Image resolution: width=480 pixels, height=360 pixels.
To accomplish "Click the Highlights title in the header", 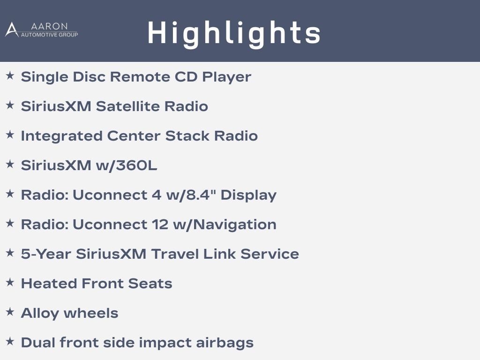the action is coord(234,34).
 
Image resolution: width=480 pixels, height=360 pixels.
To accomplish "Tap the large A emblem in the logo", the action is coord(12,30).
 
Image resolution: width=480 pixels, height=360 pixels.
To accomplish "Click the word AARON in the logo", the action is coord(49,26).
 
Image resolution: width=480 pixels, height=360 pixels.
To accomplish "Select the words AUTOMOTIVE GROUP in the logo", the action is coord(49,35).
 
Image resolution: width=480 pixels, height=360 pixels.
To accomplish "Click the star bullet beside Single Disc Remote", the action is coord(10,75).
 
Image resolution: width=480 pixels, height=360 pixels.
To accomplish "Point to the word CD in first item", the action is coord(186,77).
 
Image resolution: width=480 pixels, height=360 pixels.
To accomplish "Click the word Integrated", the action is coord(61,136).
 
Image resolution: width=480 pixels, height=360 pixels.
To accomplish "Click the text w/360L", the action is coord(127,165).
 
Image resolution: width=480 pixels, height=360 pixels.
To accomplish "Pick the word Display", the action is coord(248,195).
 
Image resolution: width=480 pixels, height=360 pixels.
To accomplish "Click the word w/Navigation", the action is coord(225,225).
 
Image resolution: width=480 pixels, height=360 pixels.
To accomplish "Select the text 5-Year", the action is coord(46,254).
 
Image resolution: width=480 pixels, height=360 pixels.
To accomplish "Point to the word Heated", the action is coord(49,284).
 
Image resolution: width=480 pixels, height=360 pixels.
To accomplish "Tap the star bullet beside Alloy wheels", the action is coord(10,312).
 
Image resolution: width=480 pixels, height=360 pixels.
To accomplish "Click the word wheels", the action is coord(91,313).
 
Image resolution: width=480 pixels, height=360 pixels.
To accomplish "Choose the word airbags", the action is coord(225,343).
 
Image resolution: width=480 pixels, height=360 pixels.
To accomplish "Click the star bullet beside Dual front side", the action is coord(10,341).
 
